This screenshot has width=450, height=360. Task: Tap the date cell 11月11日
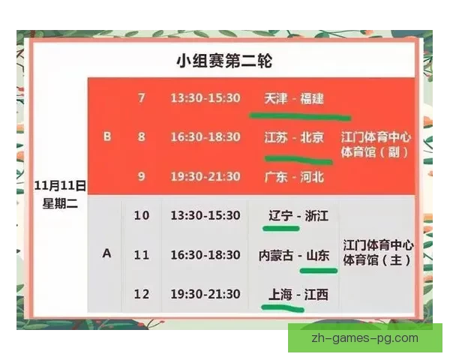(61, 183)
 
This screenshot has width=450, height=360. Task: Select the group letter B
(106, 137)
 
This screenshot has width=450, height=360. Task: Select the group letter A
(106, 253)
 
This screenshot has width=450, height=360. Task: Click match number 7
(142, 98)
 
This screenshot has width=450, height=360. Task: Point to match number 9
(142, 176)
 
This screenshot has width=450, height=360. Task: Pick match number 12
(142, 293)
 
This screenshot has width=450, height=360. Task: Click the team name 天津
(275, 98)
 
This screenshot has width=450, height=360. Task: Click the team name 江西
(316, 294)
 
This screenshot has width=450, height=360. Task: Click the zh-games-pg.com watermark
(364, 337)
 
